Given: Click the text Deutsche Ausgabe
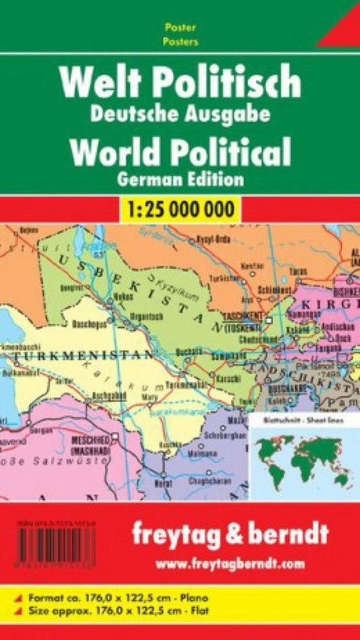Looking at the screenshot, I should pyautogui.click(x=180, y=113).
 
